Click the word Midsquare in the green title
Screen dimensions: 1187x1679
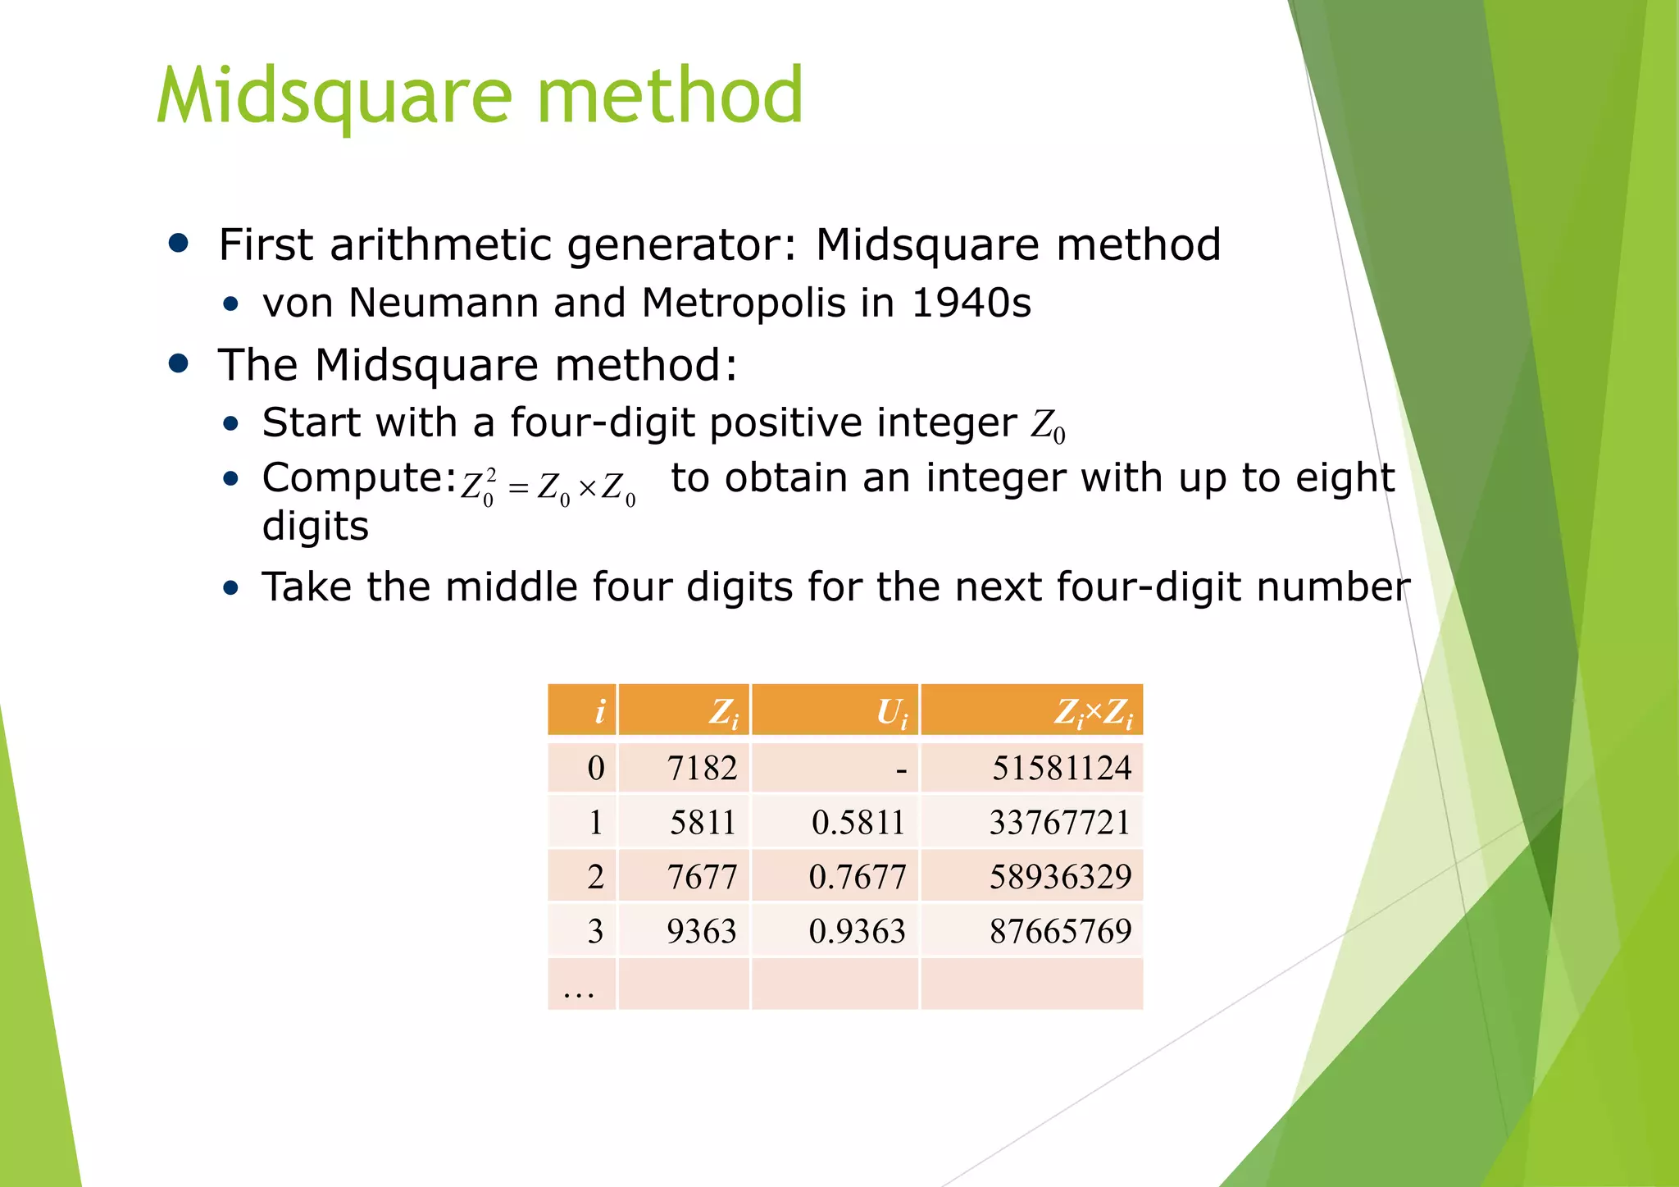tap(334, 97)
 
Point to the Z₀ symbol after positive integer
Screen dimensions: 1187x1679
tap(1048, 426)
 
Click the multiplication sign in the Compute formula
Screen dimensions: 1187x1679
tap(587, 489)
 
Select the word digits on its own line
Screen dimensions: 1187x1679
tap(316, 526)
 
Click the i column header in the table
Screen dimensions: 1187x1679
tap(600, 710)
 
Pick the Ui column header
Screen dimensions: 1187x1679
tap(892, 711)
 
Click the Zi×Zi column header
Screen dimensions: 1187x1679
tap(1093, 711)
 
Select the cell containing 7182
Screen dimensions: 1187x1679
tap(702, 768)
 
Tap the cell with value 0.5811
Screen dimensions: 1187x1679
tap(858, 822)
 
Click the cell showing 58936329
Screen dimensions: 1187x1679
tap(1060, 876)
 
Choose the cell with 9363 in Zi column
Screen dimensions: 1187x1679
tap(702, 931)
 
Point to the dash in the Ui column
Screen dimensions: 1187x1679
tap(901, 770)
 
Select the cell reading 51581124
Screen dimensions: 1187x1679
tap(1062, 768)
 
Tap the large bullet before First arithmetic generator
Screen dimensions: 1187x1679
tap(178, 243)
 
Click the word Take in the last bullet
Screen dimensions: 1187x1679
tap(306, 587)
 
